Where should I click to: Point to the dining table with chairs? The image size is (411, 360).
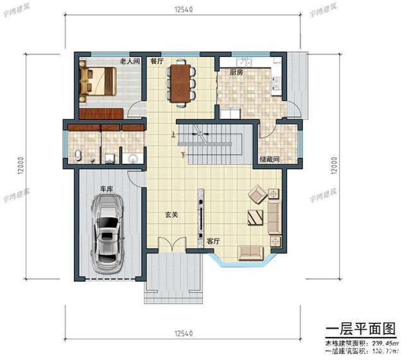(182, 82)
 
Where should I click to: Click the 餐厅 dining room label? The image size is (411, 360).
(157, 62)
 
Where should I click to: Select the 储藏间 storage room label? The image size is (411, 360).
(268, 158)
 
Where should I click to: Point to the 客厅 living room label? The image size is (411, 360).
(214, 241)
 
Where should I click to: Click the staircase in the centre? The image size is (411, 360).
(209, 146)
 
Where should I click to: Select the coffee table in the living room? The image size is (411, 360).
(254, 217)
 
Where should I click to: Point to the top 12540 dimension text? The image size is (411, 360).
(184, 9)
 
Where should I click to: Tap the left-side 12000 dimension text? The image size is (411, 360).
(21, 168)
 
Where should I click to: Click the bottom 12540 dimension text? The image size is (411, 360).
(184, 334)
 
